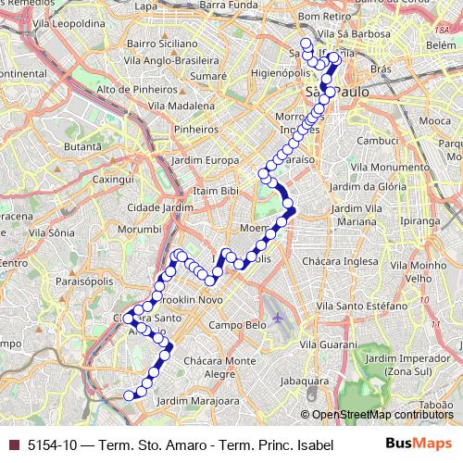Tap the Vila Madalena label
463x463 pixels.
coord(178,106)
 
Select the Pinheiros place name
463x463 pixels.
coord(195,131)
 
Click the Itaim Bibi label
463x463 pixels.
coord(212,190)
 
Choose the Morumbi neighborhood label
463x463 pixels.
coord(140,228)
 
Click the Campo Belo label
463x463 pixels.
coord(238,325)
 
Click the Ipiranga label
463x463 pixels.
coord(420,222)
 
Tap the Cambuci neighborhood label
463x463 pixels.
coord(378,140)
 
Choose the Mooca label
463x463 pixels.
coord(434,120)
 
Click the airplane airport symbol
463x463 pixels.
coord(278,319)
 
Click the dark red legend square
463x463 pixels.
coord(13,444)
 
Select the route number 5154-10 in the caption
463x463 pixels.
coord(51,444)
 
